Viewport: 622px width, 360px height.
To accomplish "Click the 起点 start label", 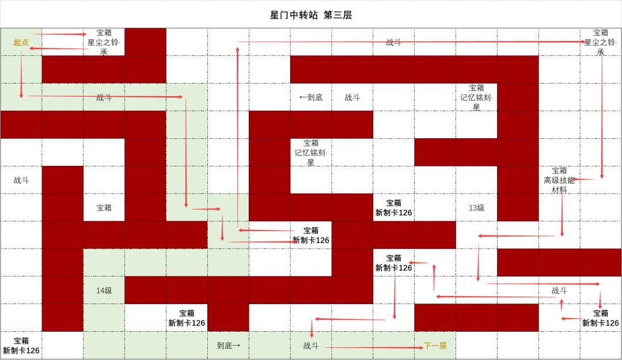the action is tap(21, 42).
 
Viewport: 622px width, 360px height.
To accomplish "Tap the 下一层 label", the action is tap(435, 346).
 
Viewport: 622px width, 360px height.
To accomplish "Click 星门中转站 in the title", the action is tap(294, 15).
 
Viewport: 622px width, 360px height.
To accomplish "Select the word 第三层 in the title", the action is tap(337, 15).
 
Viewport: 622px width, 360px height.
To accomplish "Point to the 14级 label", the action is tap(104, 290).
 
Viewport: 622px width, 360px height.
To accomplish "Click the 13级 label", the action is tap(476, 207).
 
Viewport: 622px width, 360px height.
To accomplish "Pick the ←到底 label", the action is tap(311, 97).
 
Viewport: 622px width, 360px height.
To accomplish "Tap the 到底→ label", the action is tap(229, 346).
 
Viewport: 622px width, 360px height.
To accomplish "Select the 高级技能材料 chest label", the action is tap(559, 180).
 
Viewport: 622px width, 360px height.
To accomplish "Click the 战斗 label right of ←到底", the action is tap(352, 97).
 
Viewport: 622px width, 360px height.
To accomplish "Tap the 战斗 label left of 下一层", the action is tap(311, 346).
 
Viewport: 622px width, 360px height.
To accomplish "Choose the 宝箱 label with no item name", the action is tap(104, 207).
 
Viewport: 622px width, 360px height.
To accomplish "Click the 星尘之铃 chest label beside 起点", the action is tap(104, 42).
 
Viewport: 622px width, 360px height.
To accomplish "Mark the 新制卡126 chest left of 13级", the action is tap(393, 207).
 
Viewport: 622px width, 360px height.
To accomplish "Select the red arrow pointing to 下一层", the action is tap(374, 348).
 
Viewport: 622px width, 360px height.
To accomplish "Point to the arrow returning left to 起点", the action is tap(59, 48).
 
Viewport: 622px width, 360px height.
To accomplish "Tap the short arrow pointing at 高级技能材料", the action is tap(583, 179).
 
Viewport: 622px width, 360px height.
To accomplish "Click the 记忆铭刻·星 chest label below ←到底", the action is tap(311, 153).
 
